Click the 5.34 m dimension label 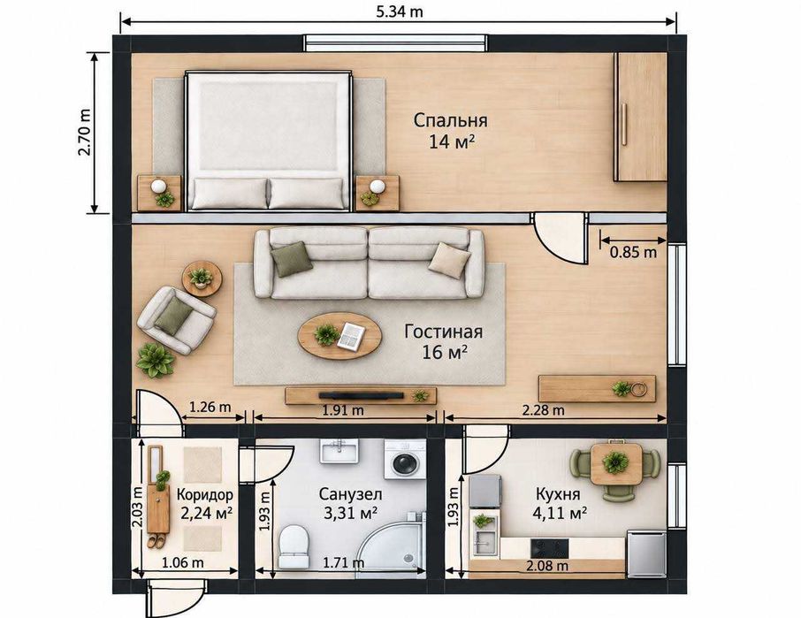[x=400, y=11]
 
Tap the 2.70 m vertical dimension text [x=85, y=133]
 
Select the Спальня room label [x=450, y=120]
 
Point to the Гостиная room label [x=444, y=332]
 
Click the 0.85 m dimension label [x=633, y=252]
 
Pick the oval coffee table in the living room [x=339, y=336]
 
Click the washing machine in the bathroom [x=405, y=459]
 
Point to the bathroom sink [x=339, y=451]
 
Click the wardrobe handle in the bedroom [x=624, y=124]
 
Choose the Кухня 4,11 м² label [x=559, y=504]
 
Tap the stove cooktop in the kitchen [x=550, y=548]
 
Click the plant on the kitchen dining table [x=615, y=462]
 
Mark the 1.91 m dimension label [x=343, y=409]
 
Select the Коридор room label [x=205, y=494]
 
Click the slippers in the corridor [x=156, y=540]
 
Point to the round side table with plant [x=202, y=278]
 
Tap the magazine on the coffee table [x=352, y=336]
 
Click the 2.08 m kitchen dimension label [x=547, y=565]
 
